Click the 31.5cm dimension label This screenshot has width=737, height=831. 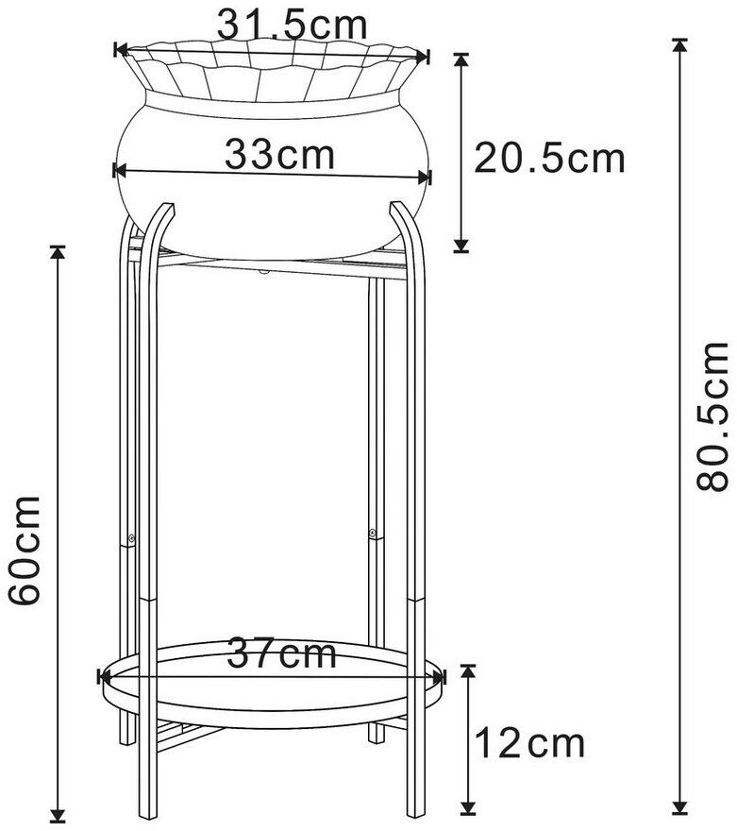point(292,25)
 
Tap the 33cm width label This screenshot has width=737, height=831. point(279,154)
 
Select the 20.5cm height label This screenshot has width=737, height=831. point(549,158)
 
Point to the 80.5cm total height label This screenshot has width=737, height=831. point(712,416)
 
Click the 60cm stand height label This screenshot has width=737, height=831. point(25,551)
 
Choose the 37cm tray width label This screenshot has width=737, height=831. point(281,653)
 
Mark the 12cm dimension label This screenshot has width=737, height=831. point(530,743)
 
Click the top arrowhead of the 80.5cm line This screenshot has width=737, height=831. point(679,45)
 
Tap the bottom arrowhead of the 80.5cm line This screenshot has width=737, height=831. point(679,806)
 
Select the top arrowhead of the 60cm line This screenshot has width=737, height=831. point(58,253)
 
